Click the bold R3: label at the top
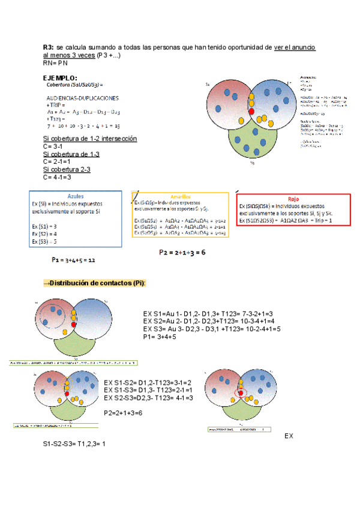coord(49,47)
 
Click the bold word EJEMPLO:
coord(59,77)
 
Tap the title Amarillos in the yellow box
coord(181,196)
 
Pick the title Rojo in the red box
coord(293,199)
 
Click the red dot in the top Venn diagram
coord(251,112)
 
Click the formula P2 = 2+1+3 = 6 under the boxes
coord(182,253)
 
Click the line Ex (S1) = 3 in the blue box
coord(45,226)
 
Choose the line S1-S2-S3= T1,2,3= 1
coord(73,444)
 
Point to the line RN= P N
coord(55,62)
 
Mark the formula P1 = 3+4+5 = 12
coord(74,261)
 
